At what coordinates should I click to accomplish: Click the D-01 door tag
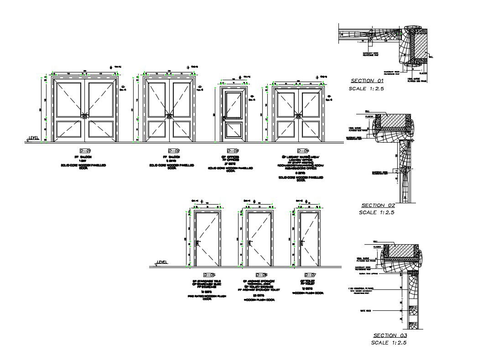pos(85,151)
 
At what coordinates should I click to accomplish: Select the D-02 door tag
pos(174,151)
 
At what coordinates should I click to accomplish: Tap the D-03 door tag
pos(233,151)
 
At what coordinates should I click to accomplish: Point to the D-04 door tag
pos(303,151)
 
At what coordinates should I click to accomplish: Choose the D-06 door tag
pos(261,275)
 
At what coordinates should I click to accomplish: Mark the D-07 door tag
pos(310,275)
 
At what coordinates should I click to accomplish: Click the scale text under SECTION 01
pos(367,88)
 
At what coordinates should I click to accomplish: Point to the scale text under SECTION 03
pos(389,343)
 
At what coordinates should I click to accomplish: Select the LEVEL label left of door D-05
pos(162,262)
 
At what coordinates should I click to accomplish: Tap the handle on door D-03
pos(224,119)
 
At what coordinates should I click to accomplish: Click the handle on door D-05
pos(197,243)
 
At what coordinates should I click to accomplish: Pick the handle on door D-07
pos(302,243)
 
